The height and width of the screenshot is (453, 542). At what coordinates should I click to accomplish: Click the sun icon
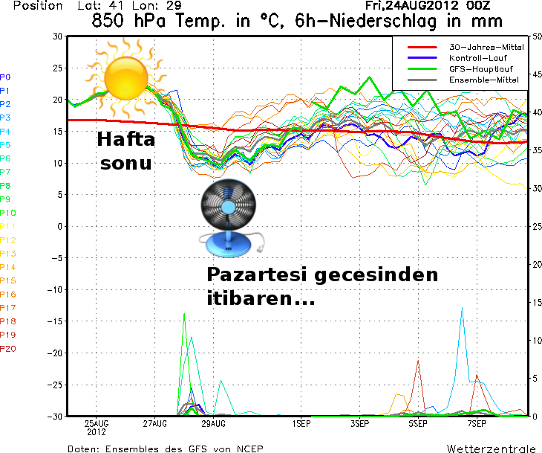click(126, 75)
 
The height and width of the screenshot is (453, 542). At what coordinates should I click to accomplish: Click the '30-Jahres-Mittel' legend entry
click(486, 48)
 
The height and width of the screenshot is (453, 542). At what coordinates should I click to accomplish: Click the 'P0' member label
click(5, 77)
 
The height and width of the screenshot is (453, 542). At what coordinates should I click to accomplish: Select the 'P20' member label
click(7, 349)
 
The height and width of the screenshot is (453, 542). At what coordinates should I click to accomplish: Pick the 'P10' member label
click(7, 213)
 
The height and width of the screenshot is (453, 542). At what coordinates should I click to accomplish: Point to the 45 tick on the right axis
click(538, 74)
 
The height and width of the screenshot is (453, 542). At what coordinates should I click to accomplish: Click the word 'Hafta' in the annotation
click(126, 140)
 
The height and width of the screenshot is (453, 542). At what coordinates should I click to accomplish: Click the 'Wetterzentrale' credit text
click(491, 449)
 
